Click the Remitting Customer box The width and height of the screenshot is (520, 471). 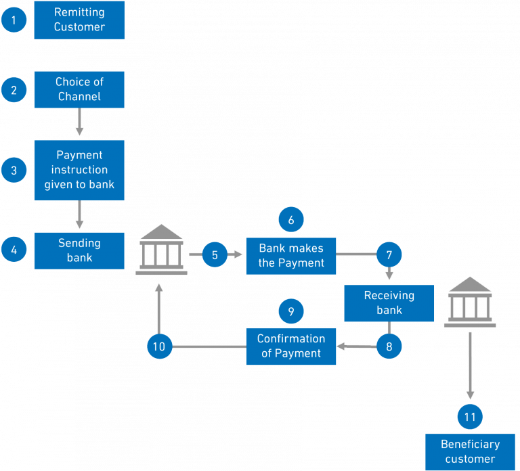[79, 20]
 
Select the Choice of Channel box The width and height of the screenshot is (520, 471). [79, 89]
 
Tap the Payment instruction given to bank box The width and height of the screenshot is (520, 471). [79, 171]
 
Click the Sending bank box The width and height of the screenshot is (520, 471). [79, 250]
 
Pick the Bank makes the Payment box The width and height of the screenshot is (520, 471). [290, 256]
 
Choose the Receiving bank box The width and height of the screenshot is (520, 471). [389, 303]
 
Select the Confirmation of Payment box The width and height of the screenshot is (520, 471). [290, 346]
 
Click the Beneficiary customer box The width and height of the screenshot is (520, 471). [470, 452]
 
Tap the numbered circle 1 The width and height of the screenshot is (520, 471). [14, 20]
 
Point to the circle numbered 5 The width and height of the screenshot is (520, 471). [215, 255]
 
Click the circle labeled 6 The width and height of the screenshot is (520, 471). [291, 220]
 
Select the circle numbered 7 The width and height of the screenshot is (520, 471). [389, 255]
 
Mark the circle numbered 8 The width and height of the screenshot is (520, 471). [389, 346]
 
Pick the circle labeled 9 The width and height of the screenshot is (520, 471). [291, 311]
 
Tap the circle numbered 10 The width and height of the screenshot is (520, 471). [159, 346]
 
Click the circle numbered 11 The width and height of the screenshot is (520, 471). [470, 417]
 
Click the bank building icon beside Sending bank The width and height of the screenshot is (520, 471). [161, 250]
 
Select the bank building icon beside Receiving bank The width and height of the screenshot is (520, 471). [470, 302]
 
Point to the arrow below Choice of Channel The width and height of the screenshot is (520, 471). [79, 122]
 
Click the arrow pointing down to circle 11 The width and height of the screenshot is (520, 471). [470, 365]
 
